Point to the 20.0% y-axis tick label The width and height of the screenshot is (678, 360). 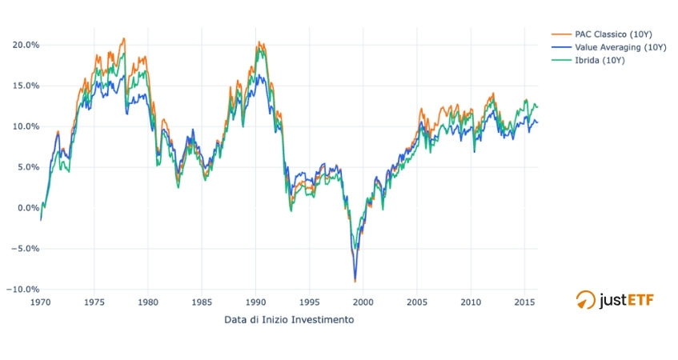point(22,45)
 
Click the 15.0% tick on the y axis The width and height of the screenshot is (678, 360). point(22,86)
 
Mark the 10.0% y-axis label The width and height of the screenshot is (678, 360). point(22,126)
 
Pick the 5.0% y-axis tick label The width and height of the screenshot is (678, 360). point(25,167)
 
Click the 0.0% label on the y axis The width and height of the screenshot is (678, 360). point(25,208)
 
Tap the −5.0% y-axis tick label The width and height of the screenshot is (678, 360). point(22,249)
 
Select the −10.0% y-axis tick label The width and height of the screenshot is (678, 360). point(20,290)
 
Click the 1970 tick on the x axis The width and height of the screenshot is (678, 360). point(40,303)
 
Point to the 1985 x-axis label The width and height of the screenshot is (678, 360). point(202,303)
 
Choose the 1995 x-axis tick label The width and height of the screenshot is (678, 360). point(309,303)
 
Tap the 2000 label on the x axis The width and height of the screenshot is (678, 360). point(363,303)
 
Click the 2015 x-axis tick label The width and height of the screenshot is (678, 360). point(524,303)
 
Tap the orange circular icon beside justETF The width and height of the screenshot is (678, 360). point(586,300)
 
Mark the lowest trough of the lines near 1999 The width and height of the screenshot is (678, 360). point(355,281)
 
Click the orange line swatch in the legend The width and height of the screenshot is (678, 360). point(558,34)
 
